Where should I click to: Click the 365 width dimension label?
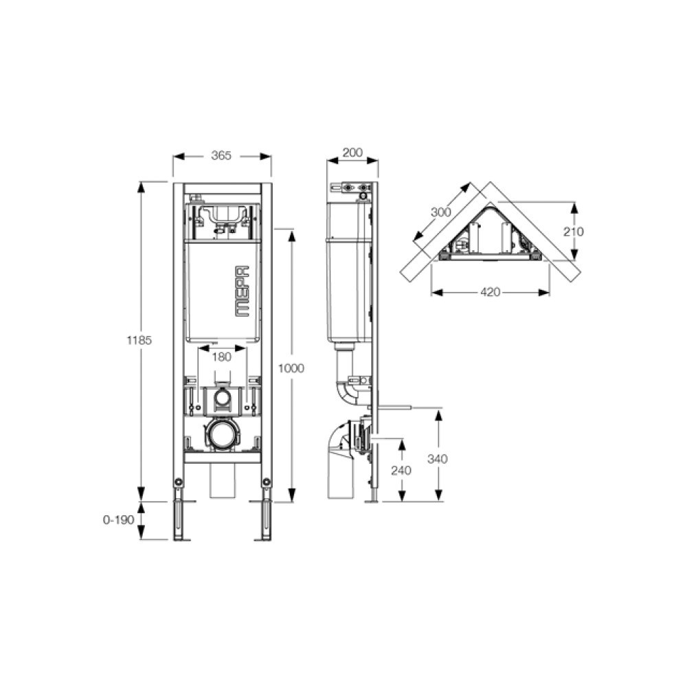(x=221, y=155)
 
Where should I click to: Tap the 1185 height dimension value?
(x=139, y=340)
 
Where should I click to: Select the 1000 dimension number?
(x=291, y=368)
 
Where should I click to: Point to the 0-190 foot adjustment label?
(x=118, y=520)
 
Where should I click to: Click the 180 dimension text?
(x=221, y=357)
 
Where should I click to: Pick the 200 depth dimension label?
(x=352, y=153)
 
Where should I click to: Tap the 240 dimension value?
(x=401, y=471)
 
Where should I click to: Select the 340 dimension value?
(x=438, y=459)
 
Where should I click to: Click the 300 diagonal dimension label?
(x=441, y=212)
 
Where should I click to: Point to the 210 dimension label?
(x=574, y=232)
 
